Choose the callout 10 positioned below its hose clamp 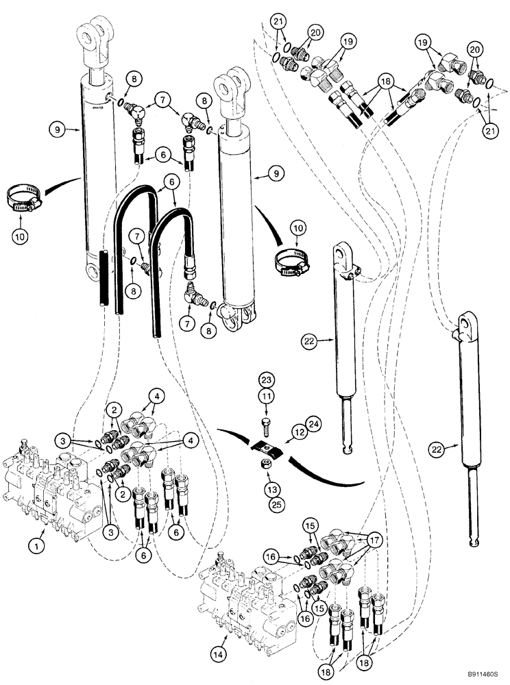pyautogui.click(x=20, y=220)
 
